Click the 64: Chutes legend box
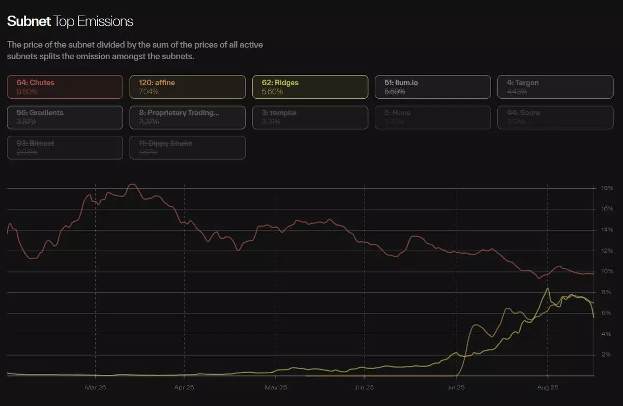pyautogui.click(x=65, y=87)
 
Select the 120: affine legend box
pyautogui.click(x=187, y=87)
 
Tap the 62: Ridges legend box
pyautogui.click(x=310, y=87)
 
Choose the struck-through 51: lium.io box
pyautogui.click(x=432, y=87)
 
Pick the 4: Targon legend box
pyautogui.click(x=555, y=87)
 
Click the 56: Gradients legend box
pyautogui.click(x=65, y=117)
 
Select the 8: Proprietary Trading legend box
pyautogui.click(x=187, y=117)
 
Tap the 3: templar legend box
pyautogui.click(x=310, y=117)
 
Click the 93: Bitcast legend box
pyautogui.click(x=65, y=148)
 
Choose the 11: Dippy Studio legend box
pyautogui.click(x=187, y=148)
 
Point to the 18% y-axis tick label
pyautogui.click(x=607, y=188)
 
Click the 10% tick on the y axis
pyautogui.click(x=607, y=271)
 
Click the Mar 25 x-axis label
pyautogui.click(x=96, y=388)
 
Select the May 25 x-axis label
pyautogui.click(x=276, y=388)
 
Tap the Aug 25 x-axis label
pyautogui.click(x=548, y=388)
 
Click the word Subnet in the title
pyautogui.click(x=29, y=21)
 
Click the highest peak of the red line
pyautogui.click(x=132, y=185)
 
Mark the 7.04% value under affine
pyautogui.click(x=149, y=91)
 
